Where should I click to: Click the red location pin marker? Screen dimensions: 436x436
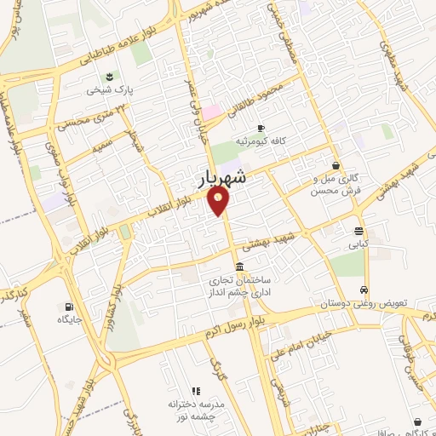tap(220, 202)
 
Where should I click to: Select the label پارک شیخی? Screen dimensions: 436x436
tap(113, 88)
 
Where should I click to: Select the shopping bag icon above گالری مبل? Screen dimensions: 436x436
tap(337, 165)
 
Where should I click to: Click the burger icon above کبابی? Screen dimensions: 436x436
tap(360, 230)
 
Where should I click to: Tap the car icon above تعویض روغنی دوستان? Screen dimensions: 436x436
tap(364, 290)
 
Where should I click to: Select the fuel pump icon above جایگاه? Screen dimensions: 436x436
tap(68, 307)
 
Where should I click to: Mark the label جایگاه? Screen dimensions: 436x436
tap(68, 320)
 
